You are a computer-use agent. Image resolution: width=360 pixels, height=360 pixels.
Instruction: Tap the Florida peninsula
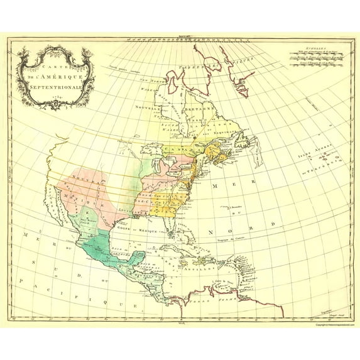[178, 231]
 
